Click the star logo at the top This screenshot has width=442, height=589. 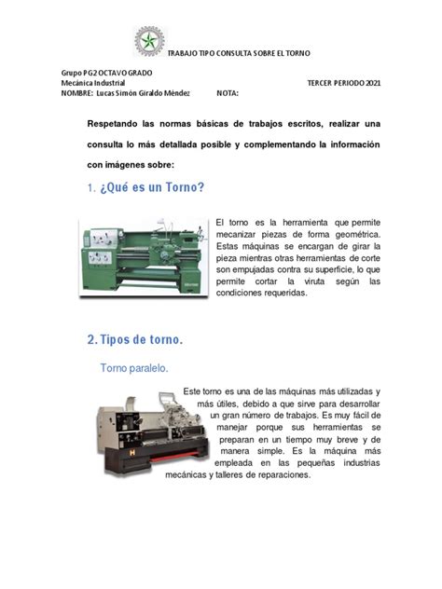149,41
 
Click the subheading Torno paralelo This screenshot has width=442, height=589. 134,368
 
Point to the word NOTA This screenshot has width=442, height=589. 228,93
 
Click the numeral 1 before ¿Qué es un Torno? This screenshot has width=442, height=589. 90,188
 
